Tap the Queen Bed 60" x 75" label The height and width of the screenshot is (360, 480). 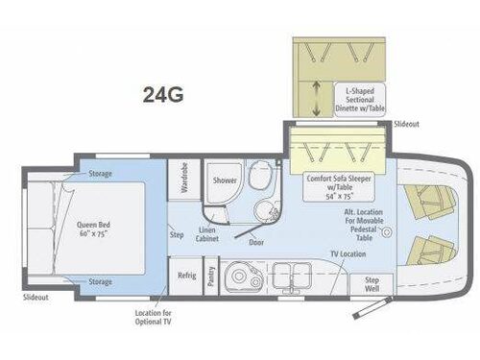click(97, 228)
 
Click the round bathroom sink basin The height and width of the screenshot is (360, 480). click(260, 208)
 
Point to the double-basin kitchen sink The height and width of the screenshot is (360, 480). click(289, 276)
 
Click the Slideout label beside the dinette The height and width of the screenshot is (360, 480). click(406, 126)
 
